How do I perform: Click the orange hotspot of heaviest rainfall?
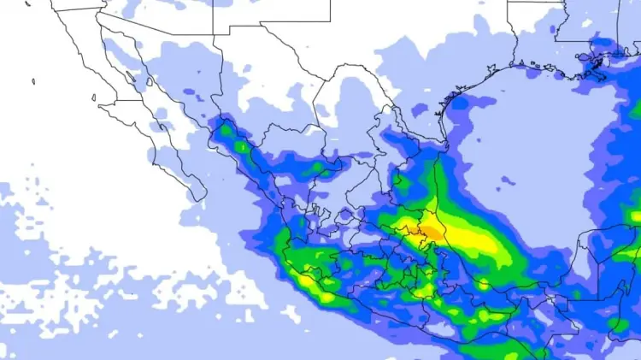pos(432,229)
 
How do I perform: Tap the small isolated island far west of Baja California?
pos(33,82)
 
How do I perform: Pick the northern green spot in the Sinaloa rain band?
pos(226,132)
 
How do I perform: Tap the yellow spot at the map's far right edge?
pos(635,216)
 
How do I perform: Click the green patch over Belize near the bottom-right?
pos(617,323)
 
